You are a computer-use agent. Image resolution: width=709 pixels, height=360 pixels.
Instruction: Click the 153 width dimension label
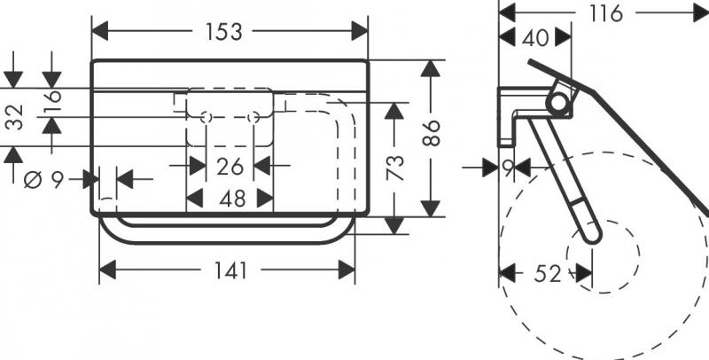click(x=224, y=32)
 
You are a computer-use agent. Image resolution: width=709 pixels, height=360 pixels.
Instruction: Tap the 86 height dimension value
click(x=431, y=133)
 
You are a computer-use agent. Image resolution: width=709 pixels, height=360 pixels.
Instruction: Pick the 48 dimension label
click(x=231, y=199)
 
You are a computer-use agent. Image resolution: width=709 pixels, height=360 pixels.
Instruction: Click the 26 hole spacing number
click(x=230, y=165)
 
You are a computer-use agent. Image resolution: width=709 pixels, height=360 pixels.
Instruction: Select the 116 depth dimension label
click(x=605, y=12)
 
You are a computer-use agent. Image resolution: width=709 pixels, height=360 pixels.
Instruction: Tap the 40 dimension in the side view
click(x=535, y=37)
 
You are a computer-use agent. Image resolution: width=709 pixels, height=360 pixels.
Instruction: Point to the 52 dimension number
click(x=547, y=274)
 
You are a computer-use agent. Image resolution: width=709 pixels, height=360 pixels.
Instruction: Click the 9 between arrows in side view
click(x=508, y=166)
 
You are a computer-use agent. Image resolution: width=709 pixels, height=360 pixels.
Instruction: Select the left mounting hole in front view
click(x=206, y=118)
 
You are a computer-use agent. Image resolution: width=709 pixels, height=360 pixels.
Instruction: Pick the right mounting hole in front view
click(x=253, y=118)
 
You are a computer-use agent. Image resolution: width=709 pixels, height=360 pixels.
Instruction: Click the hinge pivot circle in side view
click(x=558, y=104)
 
